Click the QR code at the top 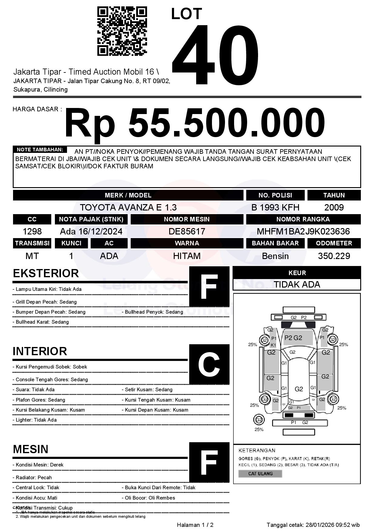(x=122, y=31)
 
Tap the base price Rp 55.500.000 (x=195, y=123)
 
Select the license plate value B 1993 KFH (x=275, y=207)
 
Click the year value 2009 (x=334, y=207)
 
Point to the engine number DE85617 (x=187, y=231)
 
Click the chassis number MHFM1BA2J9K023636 (x=303, y=231)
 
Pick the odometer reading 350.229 (x=334, y=256)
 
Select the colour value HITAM (x=187, y=256)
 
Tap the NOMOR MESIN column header (x=187, y=219)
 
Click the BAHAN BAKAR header (x=275, y=243)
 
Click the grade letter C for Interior (x=209, y=364)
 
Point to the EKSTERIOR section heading (x=46, y=273)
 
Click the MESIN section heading (x=31, y=449)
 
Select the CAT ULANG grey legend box (x=260, y=473)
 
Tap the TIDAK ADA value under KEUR (x=297, y=285)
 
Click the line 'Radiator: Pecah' (x=34, y=477)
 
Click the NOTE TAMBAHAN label (x=40, y=150)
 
